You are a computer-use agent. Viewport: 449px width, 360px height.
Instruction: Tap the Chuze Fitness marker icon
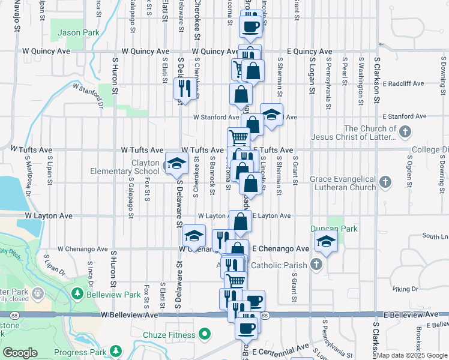coord(205,334)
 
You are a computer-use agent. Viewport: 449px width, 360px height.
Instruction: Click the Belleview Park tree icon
coord(77,293)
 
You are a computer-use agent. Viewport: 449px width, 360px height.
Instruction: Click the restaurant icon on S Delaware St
coord(182,88)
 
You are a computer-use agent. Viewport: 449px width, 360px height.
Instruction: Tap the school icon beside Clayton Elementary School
coord(176,164)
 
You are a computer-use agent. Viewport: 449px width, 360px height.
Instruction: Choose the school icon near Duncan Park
coord(325,241)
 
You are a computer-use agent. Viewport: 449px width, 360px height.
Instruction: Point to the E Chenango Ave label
coord(280,248)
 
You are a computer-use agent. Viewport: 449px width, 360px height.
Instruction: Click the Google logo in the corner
coord(20,353)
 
